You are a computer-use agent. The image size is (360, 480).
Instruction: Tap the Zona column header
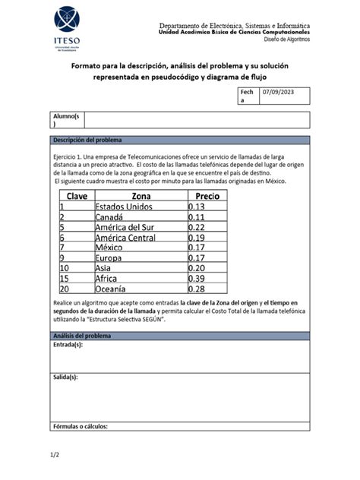pyautogui.click(x=135, y=196)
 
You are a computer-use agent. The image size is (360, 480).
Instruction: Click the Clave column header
pyautogui.click(x=77, y=196)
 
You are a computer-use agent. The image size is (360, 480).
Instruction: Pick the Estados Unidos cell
pyautogui.click(x=124, y=207)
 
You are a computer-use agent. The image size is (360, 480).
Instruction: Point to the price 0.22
pyautogui.click(x=197, y=227)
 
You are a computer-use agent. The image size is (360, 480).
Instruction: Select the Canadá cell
pyautogui.click(x=113, y=217)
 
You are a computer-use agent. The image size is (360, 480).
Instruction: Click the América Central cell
pyautogui.click(x=125, y=238)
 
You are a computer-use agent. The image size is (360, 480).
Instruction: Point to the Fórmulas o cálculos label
pyautogui.click(x=80, y=426)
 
